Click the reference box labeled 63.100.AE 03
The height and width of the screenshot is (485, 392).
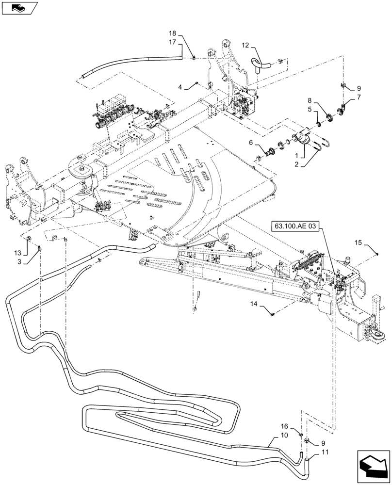[x=297, y=226]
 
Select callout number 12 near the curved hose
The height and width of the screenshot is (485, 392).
[x=245, y=45]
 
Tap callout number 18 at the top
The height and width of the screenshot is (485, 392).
[x=173, y=33]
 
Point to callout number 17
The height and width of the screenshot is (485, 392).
[x=173, y=42]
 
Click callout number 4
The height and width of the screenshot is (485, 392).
[x=180, y=87]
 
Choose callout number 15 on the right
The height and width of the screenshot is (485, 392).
[x=358, y=242]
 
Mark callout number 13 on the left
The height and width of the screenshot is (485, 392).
[x=18, y=253]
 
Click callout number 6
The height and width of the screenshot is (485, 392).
[x=251, y=143]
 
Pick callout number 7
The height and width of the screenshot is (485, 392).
[x=359, y=97]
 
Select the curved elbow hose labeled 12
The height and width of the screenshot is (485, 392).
[x=260, y=63]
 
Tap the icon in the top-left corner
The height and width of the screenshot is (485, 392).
[x=19, y=7]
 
